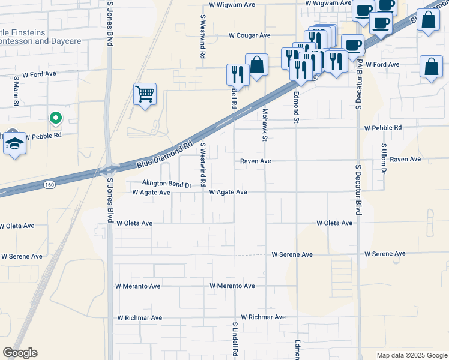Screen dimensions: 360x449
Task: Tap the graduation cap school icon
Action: point(14,144)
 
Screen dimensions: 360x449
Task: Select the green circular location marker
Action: point(55,118)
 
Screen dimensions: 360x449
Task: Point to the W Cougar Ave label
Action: point(250,35)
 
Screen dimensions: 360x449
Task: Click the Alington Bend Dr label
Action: point(166,184)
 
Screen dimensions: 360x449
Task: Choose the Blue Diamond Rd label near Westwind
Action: point(165,153)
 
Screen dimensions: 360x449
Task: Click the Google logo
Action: point(20,353)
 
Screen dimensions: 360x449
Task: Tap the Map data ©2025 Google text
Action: point(411,355)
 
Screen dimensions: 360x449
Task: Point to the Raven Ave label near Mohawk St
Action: point(256,161)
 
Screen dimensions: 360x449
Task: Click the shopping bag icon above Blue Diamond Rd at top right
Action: point(429,20)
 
